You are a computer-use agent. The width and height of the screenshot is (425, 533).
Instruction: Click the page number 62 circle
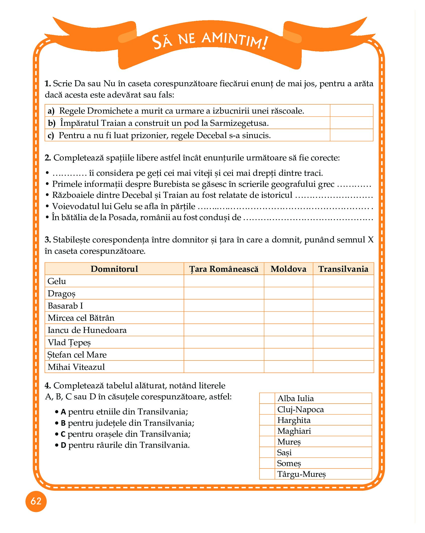36,501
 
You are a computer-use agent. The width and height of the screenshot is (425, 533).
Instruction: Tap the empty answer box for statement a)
351,111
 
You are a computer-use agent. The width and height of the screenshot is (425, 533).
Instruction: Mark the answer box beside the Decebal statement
351,135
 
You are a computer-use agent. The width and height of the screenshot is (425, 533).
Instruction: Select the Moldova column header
288,269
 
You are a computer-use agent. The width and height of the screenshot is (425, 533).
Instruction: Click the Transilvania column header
343,269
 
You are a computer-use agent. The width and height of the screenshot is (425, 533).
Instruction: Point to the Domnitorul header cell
114,269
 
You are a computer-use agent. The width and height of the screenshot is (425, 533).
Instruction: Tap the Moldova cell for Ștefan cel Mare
288,354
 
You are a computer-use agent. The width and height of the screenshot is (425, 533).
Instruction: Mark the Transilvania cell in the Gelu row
343,281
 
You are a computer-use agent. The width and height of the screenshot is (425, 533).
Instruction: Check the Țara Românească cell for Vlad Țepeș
224,342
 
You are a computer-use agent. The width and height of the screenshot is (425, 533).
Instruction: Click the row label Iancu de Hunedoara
87,330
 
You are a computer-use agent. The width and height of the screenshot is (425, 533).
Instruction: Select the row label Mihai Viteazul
76,367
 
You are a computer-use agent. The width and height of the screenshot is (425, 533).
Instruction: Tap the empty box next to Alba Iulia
267,398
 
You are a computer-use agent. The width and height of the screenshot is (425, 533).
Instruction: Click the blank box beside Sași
267,452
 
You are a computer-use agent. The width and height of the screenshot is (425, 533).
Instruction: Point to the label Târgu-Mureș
301,474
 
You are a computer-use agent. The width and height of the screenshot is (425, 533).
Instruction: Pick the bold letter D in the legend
64,446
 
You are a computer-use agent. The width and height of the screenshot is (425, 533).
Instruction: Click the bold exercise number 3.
48,240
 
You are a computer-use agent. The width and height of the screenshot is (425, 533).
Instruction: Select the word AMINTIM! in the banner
235,40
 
